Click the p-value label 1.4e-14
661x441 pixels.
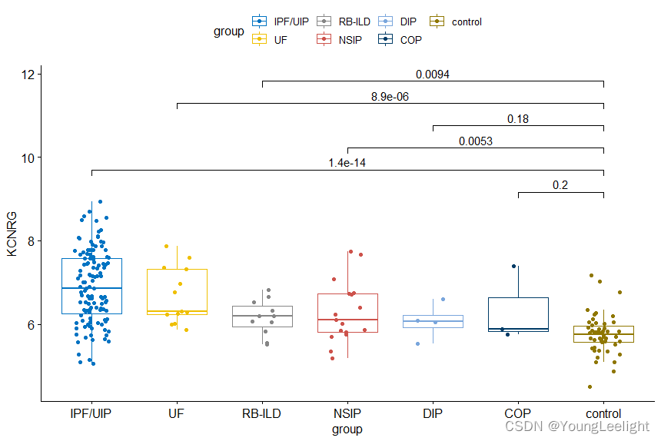(x=347, y=163)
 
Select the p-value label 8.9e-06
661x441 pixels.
(x=390, y=97)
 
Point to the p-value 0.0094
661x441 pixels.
(x=433, y=75)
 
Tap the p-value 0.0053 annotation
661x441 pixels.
(x=476, y=141)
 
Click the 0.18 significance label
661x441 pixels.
(x=518, y=119)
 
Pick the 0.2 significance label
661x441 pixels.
(x=560, y=185)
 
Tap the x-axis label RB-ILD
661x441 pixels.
(x=262, y=414)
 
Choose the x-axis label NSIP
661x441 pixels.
(x=347, y=414)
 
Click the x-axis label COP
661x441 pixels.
(x=518, y=414)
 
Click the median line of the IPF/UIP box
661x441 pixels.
(x=92, y=288)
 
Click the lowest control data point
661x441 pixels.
(x=590, y=386)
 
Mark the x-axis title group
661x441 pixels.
(x=347, y=429)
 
